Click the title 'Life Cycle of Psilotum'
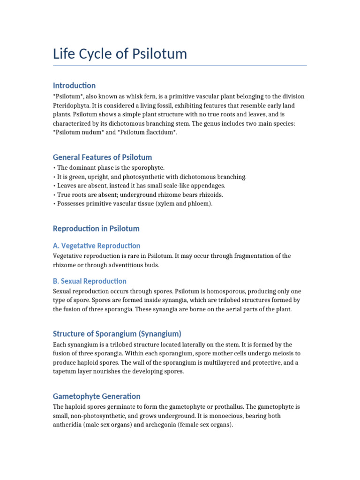pos(120,54)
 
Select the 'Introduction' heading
pos(74,85)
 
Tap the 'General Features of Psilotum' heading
pos(102,157)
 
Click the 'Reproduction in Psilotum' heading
pos(96,229)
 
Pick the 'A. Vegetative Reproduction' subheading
pos(96,246)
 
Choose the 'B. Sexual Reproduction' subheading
pos(90,281)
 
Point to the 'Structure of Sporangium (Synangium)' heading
pos(117,334)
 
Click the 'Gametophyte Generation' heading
pos(97,396)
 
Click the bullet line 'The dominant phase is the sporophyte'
pos(111,167)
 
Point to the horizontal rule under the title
pos(180,66)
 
